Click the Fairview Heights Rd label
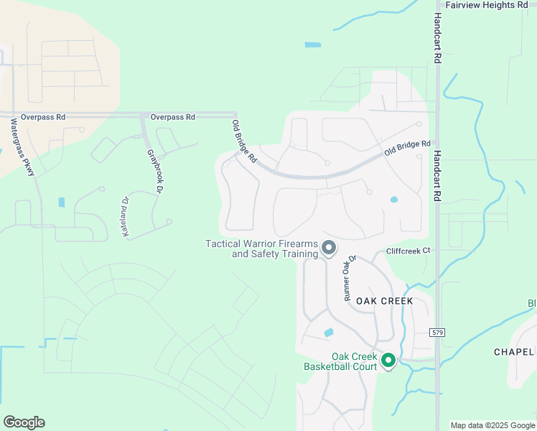pos(487,5)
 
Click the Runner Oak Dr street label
pos(350,278)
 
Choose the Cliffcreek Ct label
pos(408,251)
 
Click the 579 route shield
pos(437,333)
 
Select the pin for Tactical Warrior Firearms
pos(329,249)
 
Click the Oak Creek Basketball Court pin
pos(388,360)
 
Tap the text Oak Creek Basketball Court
pos(343,361)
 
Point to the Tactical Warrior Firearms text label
pos(262,249)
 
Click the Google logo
pos(24,422)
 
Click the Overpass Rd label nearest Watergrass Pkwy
pos(43,116)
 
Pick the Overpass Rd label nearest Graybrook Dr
pos(172,116)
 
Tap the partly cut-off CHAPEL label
pos(515,352)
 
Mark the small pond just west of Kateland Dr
pos(61,203)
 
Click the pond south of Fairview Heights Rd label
pos(312,45)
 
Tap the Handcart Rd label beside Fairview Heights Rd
pos(437,40)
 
